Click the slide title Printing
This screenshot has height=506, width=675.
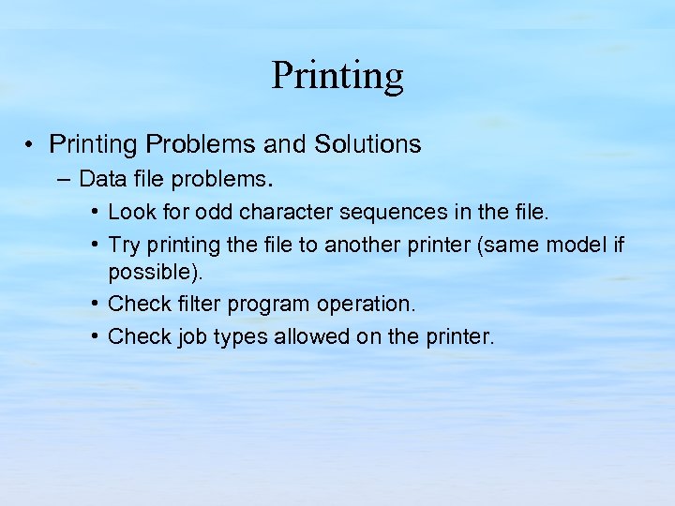337,75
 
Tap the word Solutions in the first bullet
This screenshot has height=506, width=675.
367,144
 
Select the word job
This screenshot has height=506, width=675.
191,336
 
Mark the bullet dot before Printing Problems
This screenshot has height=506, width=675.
31,145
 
